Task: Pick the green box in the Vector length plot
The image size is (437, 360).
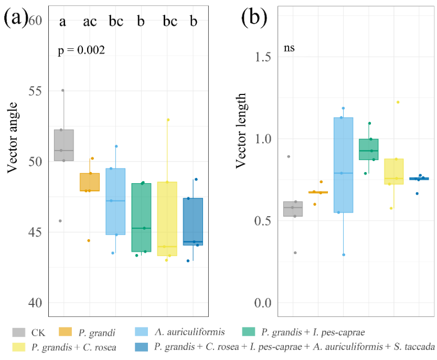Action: point(369,149)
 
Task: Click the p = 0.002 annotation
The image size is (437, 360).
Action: point(81,51)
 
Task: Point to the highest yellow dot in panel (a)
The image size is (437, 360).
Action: point(168,120)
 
